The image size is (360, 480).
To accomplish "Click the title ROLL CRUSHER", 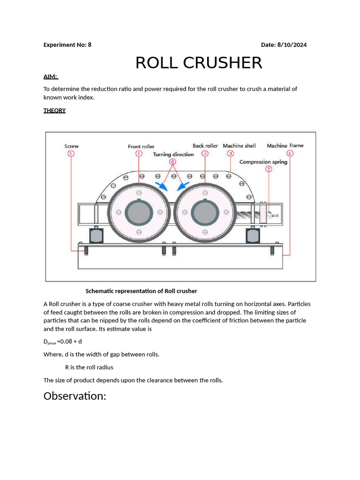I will pos(199,63).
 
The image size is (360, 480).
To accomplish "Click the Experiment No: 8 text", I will pos(67,45).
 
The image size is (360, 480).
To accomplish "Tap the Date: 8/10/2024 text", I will pos(284,45).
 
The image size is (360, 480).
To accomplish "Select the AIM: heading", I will pos(51,76).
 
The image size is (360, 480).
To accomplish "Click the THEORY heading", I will pos(54,111).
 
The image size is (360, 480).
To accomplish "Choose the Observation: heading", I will pos(75,396).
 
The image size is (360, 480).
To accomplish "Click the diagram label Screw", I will pos(71,146).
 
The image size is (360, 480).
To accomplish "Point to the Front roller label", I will pos(141,146).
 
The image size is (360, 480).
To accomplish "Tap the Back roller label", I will pos(205,146).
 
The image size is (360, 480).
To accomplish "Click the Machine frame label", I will pos(285,146).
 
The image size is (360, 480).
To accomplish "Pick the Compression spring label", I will pos(263,162).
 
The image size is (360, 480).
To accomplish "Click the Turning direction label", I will pos(173,154).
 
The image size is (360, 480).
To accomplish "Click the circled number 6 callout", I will pos(173,162).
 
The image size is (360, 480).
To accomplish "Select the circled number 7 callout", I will pos(269,169).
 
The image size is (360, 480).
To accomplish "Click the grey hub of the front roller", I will pos(139,212).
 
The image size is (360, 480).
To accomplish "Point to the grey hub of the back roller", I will pos(205,212).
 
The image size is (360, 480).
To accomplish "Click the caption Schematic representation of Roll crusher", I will pos(141,291).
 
